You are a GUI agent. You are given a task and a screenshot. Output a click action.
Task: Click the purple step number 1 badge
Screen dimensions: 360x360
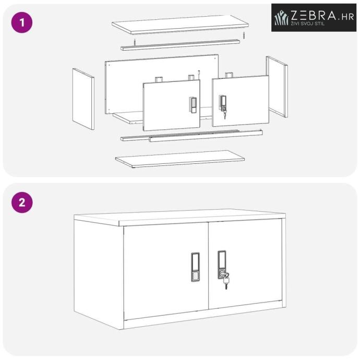[x=22, y=22]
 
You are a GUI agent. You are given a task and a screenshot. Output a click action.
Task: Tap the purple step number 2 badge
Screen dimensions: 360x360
[x=22, y=202]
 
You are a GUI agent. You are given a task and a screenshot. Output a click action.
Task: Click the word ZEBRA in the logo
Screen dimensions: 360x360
[x=314, y=15]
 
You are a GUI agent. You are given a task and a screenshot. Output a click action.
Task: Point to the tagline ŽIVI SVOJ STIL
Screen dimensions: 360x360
[x=308, y=23]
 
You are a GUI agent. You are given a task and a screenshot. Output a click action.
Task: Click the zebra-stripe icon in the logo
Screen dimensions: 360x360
[x=281, y=17]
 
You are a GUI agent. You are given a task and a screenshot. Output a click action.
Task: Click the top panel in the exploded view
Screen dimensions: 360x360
[x=180, y=25]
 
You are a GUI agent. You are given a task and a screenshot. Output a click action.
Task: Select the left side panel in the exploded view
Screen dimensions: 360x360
[x=83, y=99]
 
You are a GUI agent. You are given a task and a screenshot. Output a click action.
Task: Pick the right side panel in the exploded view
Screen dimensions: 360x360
[x=277, y=87]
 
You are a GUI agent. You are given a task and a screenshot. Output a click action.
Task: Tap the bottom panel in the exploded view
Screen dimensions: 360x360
[x=180, y=159]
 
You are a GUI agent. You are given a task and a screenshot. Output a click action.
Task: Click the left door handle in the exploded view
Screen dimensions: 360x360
[x=193, y=105]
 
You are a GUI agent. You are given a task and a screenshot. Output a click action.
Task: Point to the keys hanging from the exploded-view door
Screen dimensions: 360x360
[x=224, y=114]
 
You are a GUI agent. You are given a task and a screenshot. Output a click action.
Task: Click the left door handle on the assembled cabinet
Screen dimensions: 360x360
[x=195, y=267]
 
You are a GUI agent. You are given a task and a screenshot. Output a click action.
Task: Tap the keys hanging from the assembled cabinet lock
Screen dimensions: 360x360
[x=226, y=281]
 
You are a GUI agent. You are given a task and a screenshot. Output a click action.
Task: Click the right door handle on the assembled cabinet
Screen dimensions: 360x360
[x=222, y=265]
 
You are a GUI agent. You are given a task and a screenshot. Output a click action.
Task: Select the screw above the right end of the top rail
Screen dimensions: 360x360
[x=244, y=35]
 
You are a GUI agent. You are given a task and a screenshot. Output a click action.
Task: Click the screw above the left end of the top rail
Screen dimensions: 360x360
[x=135, y=42]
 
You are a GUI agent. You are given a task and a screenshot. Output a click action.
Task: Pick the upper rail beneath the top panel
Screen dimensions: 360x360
[x=180, y=45]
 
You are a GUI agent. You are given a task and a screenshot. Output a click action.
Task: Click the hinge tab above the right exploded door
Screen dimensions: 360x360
[x=229, y=75]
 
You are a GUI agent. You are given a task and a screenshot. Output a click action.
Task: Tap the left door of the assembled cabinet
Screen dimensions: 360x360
[x=166, y=271]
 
